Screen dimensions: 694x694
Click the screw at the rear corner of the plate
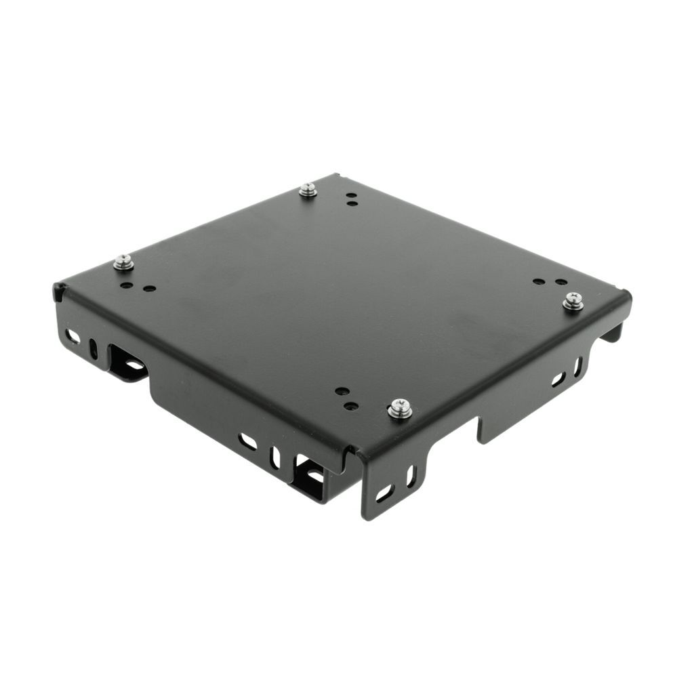(x=308, y=190)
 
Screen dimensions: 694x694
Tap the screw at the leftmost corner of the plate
(x=123, y=262)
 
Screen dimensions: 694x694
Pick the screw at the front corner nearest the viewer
(x=399, y=409)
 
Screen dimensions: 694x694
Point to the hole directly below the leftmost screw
(x=127, y=285)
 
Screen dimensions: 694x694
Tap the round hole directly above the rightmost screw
(x=561, y=281)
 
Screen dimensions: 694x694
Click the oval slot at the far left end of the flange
(x=72, y=335)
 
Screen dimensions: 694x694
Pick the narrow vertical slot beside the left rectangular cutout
(x=94, y=347)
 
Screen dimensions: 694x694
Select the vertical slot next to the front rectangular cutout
(x=275, y=457)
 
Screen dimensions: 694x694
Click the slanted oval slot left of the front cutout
(x=248, y=442)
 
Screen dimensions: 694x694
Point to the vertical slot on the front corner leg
(x=411, y=476)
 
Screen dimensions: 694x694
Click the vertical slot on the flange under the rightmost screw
(x=577, y=367)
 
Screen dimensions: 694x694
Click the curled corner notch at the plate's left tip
(x=60, y=292)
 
